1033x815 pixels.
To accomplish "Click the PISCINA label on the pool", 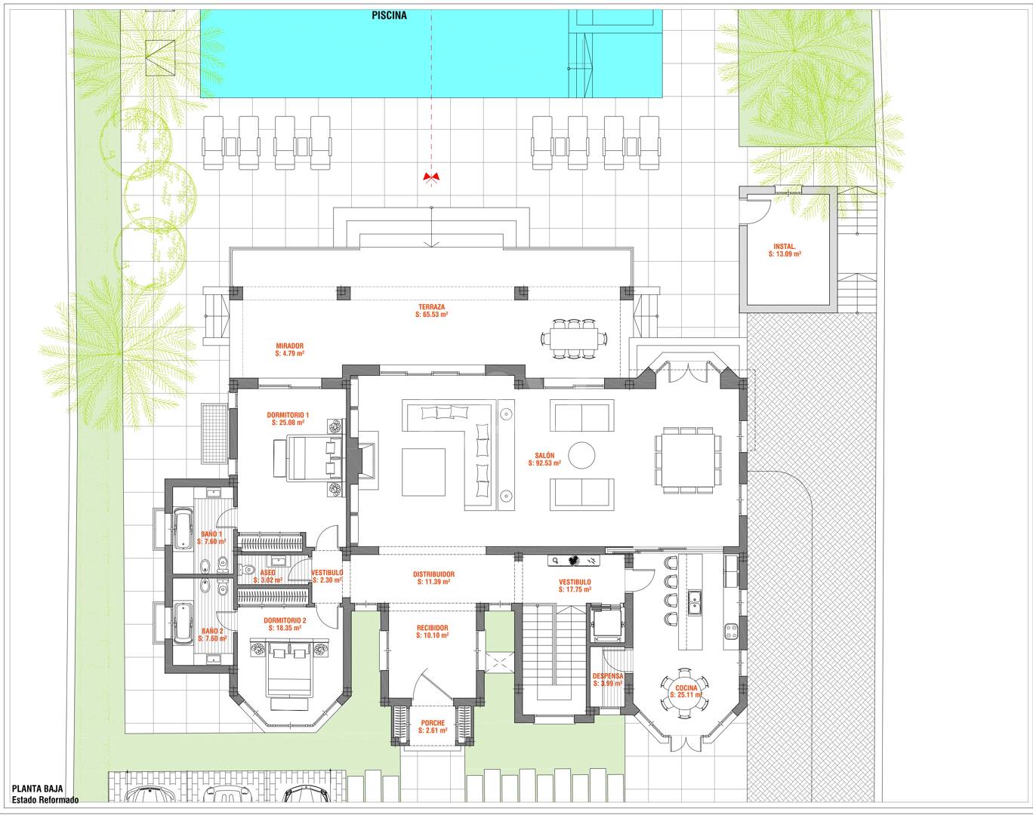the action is pos(389,15).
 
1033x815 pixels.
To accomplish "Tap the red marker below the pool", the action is pos(431,177).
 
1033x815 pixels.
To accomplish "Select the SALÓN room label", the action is pos(544,455).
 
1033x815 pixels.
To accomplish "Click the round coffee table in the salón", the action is pos(581,454).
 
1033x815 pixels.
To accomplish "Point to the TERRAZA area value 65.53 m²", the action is pos(431,315).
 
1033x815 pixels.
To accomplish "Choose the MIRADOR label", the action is pos(289,346).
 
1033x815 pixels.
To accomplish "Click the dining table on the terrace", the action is pos(574,338).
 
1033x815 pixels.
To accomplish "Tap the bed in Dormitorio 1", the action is pos(308,457).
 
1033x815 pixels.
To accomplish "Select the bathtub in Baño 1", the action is pos(183,530).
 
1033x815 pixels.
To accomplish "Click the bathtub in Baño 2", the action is pos(183,623).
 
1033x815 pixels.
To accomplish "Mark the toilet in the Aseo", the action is pos(248,570).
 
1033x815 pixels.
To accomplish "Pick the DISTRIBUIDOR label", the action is pos(433,574).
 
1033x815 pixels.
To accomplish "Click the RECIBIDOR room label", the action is pos(432,627).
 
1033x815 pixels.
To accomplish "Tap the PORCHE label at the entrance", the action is pos(433,723).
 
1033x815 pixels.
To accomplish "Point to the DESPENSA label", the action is pos(607,676).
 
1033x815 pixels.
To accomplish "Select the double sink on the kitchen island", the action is pos(693,602).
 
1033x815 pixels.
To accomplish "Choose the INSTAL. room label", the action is pos(785,247).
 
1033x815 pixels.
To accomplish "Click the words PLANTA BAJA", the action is pos(38,789).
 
